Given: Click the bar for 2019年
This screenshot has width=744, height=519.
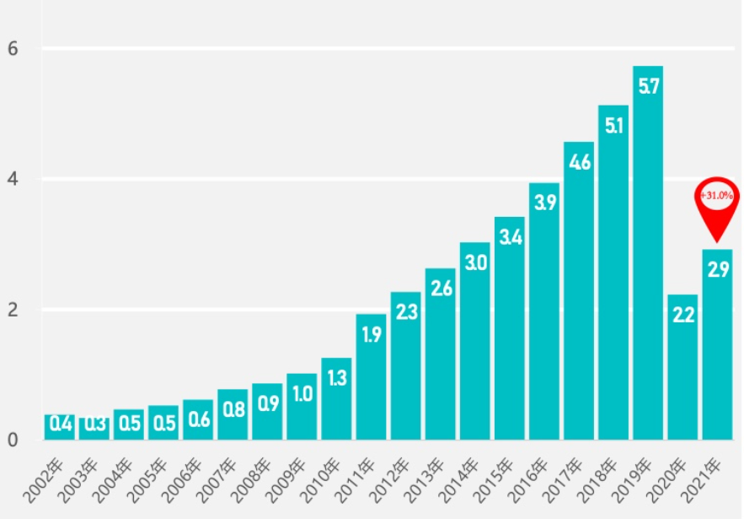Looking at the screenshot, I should click(x=648, y=253).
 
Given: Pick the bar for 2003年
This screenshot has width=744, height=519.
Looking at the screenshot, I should click(x=94, y=428).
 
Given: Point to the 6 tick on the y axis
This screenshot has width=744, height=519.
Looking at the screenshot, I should click(x=13, y=49).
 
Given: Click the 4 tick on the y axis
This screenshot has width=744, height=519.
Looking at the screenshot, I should click(x=13, y=179).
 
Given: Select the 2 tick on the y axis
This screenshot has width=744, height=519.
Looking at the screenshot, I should click(x=13, y=310).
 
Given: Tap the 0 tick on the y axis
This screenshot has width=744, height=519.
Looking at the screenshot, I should click(x=13, y=440).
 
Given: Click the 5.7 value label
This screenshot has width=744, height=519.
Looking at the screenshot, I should click(x=648, y=86).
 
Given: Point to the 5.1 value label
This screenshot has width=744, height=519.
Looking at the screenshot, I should click(x=613, y=125).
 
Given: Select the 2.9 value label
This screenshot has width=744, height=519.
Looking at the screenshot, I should click(x=718, y=270).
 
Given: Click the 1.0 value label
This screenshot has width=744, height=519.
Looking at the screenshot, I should click(x=302, y=393).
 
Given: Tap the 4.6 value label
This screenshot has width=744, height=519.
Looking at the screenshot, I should click(x=579, y=162).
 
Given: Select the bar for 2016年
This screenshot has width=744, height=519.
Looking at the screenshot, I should click(x=544, y=311).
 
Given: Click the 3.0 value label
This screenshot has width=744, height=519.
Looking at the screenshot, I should click(x=475, y=262).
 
